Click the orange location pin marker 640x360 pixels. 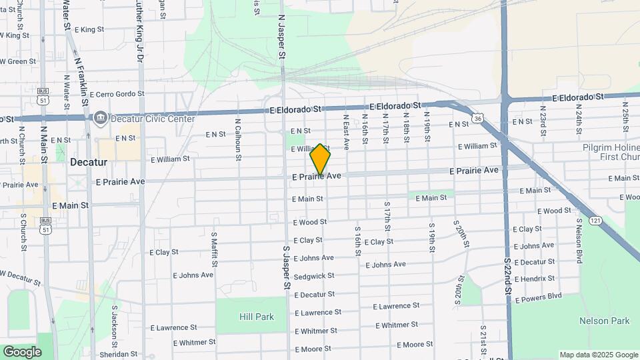321,159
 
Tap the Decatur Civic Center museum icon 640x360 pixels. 101,119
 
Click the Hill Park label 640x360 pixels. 255,317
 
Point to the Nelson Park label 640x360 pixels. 603,321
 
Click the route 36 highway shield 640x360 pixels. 477,118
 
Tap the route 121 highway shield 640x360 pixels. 595,220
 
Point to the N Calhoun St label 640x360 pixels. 238,140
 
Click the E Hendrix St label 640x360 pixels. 534,279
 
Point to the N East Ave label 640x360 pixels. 346,131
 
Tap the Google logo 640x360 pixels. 22,351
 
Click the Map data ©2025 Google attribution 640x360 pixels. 599,355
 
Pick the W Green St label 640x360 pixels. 18,61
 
